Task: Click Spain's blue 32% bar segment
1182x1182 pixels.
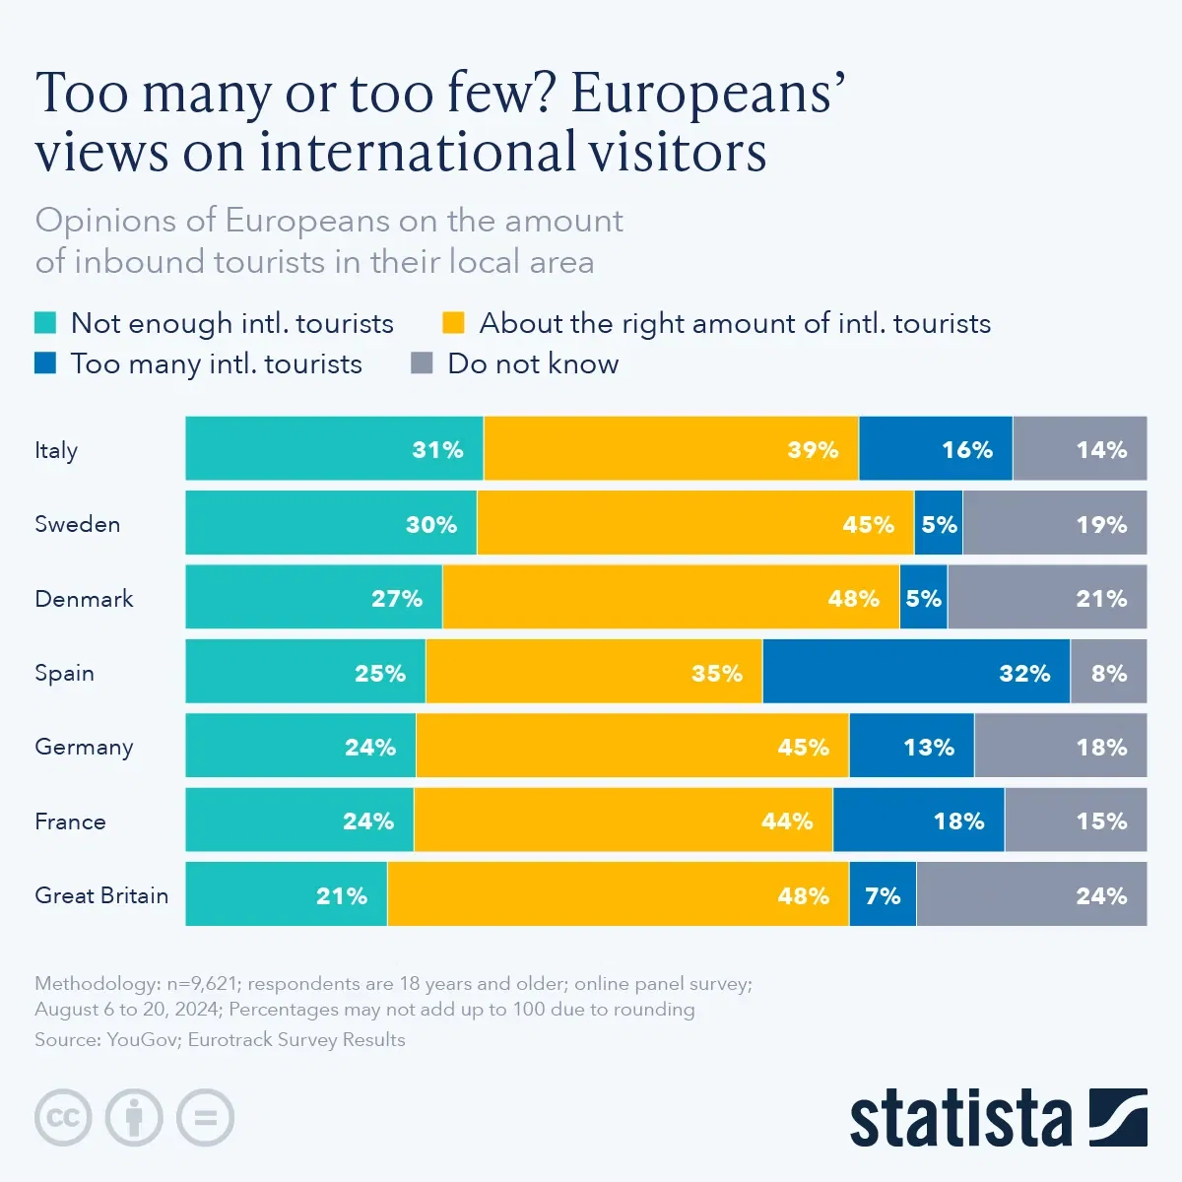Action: (x=916, y=672)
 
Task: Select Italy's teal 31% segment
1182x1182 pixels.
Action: (x=334, y=449)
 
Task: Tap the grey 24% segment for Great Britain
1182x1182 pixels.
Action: (x=1031, y=894)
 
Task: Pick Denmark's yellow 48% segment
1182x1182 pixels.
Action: (x=671, y=598)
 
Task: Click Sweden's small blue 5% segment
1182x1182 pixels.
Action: (x=939, y=524)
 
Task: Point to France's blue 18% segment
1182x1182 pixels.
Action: (x=919, y=821)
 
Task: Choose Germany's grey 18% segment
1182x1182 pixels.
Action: (x=1061, y=747)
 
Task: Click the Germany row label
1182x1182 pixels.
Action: (x=84, y=747)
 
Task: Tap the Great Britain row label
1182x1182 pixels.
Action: (x=101, y=895)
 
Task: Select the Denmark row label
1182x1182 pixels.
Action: (x=84, y=599)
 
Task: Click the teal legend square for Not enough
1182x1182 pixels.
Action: (x=45, y=323)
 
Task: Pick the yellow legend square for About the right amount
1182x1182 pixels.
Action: (x=453, y=323)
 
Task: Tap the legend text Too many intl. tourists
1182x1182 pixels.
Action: (x=216, y=363)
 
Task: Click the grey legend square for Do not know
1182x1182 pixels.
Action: (x=422, y=363)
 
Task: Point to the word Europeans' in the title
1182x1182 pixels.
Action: (x=707, y=94)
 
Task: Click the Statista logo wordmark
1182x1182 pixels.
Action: (x=960, y=1118)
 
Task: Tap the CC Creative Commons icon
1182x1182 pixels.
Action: (x=63, y=1118)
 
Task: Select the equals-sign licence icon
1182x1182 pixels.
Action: (x=205, y=1118)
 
